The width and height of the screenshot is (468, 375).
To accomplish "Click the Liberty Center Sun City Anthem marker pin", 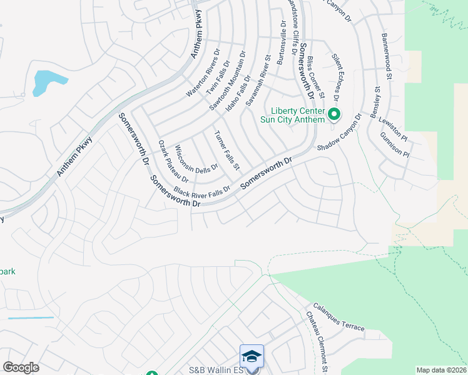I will coord(334,114).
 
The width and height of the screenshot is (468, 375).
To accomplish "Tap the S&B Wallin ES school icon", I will coord(252,356).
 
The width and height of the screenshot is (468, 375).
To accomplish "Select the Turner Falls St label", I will coord(227,151).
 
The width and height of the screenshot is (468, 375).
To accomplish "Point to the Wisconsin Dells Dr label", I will coord(196,159).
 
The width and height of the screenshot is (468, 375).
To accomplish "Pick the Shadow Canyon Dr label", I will coord(339,132).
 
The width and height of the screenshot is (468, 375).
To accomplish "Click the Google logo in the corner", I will coord(21,367).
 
